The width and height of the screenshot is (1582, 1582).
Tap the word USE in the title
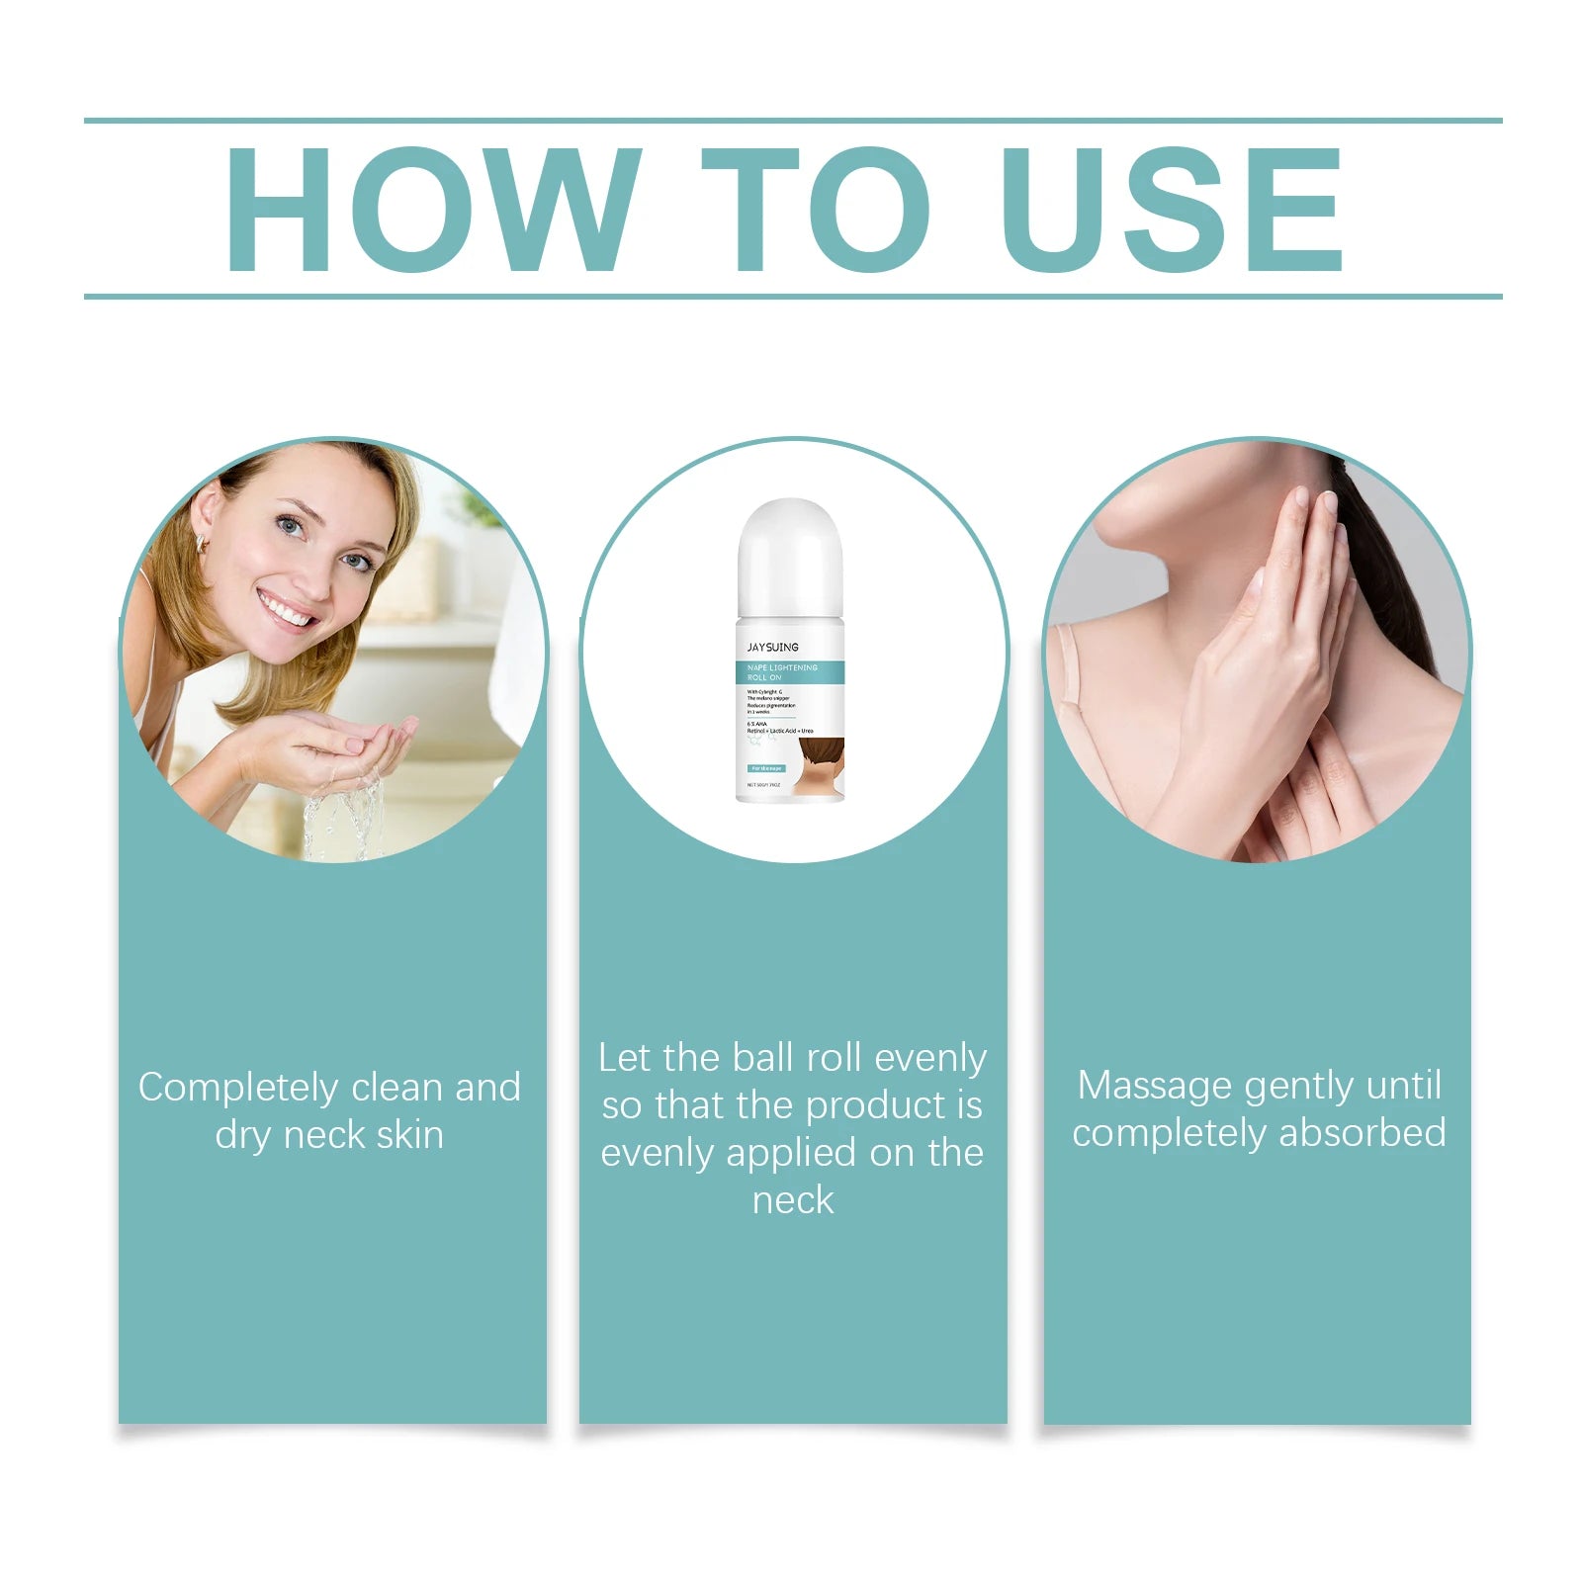click(x=1173, y=209)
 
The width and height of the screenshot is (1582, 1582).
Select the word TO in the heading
click(x=815, y=209)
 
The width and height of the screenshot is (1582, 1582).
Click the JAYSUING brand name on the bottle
click(x=772, y=647)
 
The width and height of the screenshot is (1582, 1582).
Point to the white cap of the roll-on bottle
click(x=790, y=559)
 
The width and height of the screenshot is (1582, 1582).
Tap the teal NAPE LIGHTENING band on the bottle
click(x=790, y=672)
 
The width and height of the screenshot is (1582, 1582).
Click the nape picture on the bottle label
click(x=821, y=766)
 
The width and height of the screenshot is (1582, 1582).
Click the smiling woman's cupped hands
click(x=336, y=747)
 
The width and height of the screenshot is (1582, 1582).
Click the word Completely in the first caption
click(x=237, y=1088)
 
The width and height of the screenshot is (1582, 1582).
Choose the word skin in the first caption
click(x=409, y=1135)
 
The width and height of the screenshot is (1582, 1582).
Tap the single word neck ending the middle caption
click(x=793, y=1200)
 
